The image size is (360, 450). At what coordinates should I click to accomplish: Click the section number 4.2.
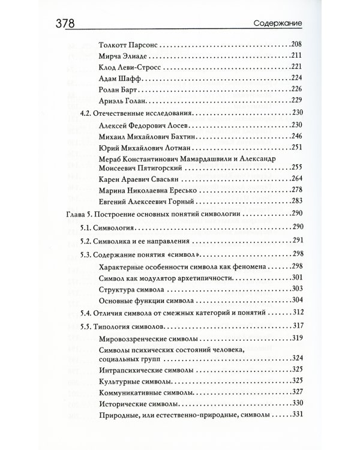click(x=87, y=113)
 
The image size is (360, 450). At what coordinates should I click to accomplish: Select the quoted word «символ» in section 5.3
click(x=215, y=254)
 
